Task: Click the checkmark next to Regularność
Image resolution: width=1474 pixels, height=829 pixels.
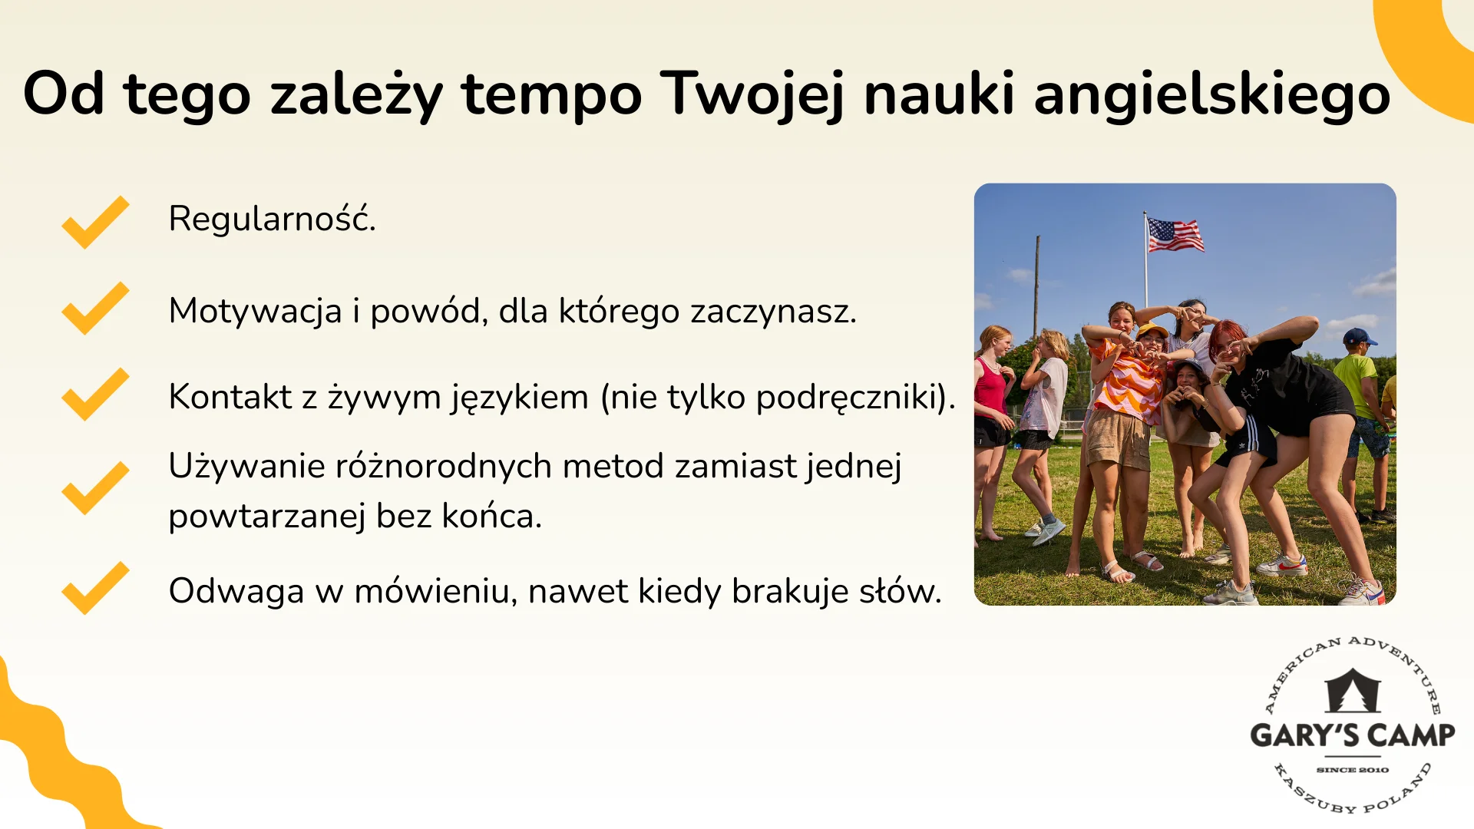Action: coord(95,222)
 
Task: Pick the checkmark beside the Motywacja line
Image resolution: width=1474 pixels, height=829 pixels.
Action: coord(95,308)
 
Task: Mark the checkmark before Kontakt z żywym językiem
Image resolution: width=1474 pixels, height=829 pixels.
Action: coord(95,394)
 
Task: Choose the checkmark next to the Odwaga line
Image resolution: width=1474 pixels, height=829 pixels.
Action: coord(95,588)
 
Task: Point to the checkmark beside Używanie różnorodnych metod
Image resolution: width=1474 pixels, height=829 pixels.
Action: coord(95,488)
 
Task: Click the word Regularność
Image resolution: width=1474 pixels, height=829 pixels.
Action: coord(272,219)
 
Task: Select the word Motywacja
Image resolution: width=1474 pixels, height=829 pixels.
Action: coord(255,311)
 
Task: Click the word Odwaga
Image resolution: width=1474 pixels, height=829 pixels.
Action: coord(236,591)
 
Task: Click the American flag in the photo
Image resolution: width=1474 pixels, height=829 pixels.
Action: coord(1174,235)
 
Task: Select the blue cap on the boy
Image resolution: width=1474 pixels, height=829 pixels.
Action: coord(1358,336)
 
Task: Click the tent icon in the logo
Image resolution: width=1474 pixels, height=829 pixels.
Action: coord(1353,691)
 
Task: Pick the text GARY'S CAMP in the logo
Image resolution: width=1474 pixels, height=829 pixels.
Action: coord(1352,735)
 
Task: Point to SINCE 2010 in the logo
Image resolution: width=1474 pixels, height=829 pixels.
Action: coord(1352,769)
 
